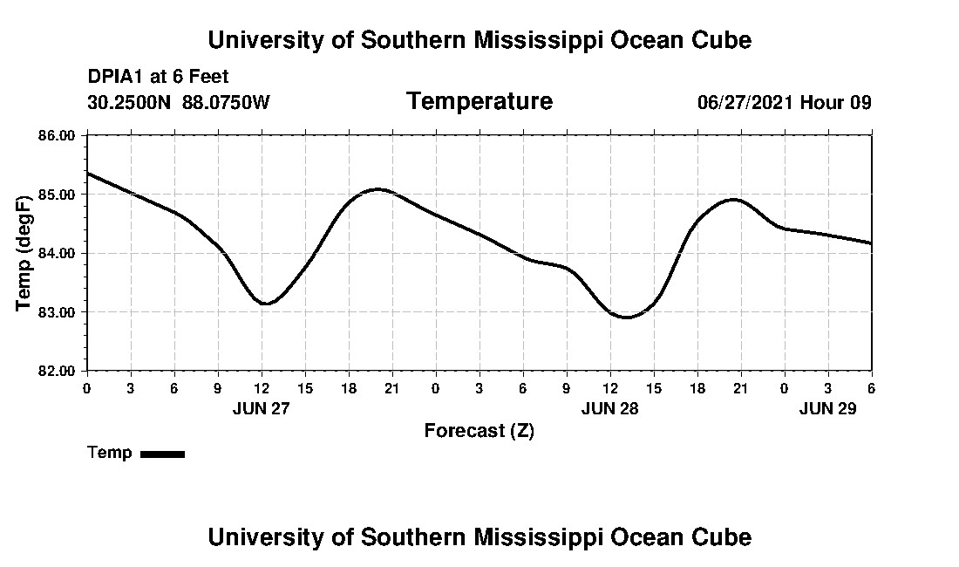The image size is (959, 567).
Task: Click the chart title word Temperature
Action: pos(479,102)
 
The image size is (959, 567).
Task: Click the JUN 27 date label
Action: pos(261,408)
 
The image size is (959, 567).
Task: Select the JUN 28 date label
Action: pos(609,408)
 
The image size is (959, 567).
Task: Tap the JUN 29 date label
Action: pos(827,408)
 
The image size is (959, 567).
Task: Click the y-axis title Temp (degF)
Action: pos(24,253)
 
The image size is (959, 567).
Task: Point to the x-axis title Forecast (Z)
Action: pos(479,431)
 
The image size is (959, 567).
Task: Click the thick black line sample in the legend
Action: pos(162,454)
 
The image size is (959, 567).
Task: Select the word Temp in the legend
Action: pos(110,453)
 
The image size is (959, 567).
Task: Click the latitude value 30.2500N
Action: pos(130,102)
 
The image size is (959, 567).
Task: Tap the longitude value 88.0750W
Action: pos(226,102)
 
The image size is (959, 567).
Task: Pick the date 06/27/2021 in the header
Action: pos(745,102)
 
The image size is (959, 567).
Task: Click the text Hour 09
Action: pos(836,102)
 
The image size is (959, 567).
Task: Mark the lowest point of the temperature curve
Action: pos(626,318)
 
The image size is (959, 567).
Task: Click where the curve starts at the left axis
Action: pos(88,173)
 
